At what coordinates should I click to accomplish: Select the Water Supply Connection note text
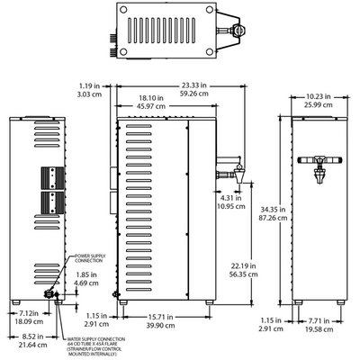click(98, 346)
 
